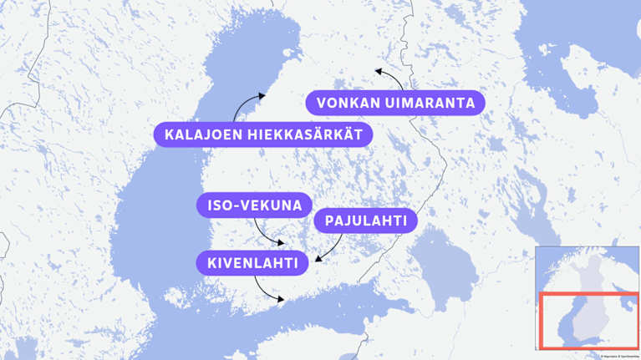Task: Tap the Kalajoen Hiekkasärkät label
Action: click(x=263, y=134)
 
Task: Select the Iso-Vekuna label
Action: click(x=254, y=205)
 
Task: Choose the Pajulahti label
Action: click(x=365, y=221)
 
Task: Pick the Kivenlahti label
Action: click(x=252, y=263)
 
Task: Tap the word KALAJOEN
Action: click(x=195, y=134)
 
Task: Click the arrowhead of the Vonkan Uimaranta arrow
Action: click(x=379, y=71)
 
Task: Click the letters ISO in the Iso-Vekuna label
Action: click(x=221, y=205)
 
